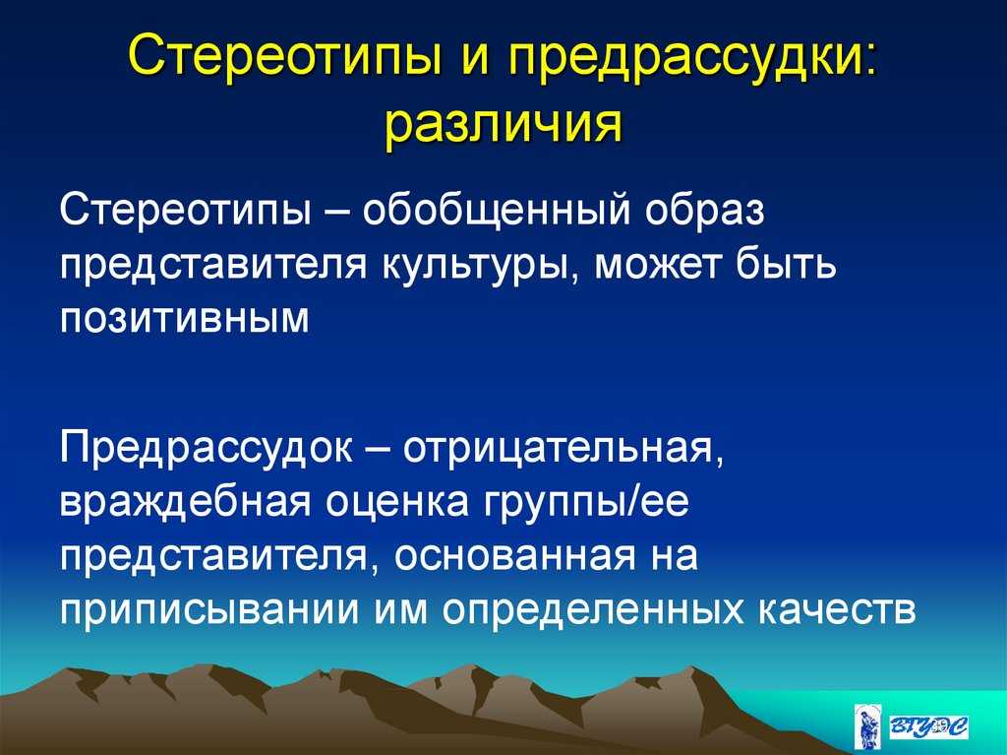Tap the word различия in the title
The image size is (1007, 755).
coord(503,123)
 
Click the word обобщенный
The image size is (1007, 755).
coord(497,211)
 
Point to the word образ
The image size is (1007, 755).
coord(704,211)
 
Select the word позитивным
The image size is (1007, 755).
coord(185,318)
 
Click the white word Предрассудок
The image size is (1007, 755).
coord(207,447)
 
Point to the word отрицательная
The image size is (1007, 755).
coord(563,448)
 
